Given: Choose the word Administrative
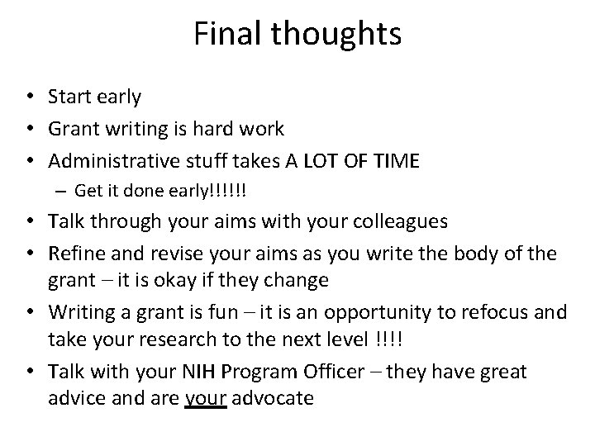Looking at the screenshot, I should point(108,160).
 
